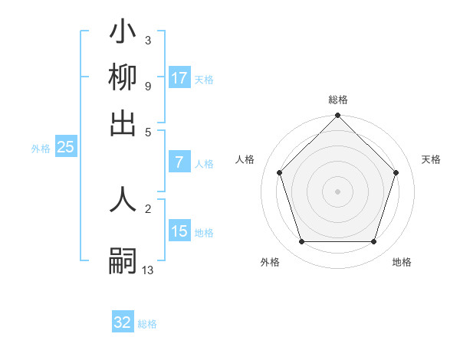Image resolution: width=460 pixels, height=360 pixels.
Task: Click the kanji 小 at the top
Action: point(123,33)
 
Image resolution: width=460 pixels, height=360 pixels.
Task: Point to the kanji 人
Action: point(123,200)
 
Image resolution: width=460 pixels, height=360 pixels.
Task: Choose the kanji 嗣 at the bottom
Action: point(123,260)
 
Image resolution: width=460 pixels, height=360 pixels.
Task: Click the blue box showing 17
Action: point(179,78)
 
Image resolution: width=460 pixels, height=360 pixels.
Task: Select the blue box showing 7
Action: point(179,162)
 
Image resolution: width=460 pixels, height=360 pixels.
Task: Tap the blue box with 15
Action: point(179,231)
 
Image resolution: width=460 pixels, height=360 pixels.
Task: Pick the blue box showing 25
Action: point(65,148)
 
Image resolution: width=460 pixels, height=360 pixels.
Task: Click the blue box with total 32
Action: point(123,322)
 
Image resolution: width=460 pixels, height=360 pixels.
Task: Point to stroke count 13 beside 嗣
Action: point(148,270)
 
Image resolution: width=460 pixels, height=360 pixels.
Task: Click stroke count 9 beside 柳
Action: point(147,85)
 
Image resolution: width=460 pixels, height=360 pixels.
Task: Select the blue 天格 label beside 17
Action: point(204,79)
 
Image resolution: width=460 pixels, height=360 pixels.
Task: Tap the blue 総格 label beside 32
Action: point(147,324)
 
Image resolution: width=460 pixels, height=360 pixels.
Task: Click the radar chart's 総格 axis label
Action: point(337,100)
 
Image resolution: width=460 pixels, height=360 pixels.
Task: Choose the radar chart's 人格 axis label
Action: point(245,159)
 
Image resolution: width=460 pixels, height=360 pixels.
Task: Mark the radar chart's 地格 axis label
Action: point(402,262)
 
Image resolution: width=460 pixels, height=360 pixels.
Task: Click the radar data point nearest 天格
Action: point(396,172)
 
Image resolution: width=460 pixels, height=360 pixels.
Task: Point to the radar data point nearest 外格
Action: point(301,242)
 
